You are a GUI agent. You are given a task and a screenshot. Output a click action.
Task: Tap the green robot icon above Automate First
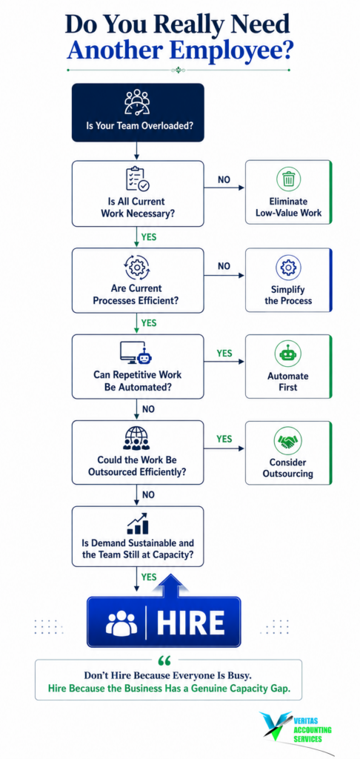[288, 354]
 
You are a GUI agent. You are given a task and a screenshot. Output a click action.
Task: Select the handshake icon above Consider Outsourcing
[288, 441]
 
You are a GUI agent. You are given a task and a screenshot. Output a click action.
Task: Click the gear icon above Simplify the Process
[288, 267]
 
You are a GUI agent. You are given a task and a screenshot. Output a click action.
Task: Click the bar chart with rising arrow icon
[138, 524]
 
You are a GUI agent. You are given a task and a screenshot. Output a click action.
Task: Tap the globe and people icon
[138, 438]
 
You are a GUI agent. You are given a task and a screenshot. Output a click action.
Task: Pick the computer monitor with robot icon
[138, 353]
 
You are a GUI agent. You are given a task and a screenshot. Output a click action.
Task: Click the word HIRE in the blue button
[190, 623]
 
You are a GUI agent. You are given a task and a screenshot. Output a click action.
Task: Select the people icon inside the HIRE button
[121, 623]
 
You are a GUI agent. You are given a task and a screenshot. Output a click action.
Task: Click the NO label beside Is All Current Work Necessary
[224, 179]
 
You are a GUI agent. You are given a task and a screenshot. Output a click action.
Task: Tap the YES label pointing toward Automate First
[224, 354]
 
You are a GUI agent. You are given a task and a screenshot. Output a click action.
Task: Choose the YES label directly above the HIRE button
[149, 577]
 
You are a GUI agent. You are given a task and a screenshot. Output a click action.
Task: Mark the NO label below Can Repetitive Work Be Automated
[149, 409]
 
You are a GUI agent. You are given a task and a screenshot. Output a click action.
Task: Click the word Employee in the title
[235, 51]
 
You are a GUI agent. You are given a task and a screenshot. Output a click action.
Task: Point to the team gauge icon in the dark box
[138, 102]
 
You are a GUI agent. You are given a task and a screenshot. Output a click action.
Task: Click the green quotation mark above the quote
[164, 660]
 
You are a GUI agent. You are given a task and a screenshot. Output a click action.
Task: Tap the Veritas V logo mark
[275, 726]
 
